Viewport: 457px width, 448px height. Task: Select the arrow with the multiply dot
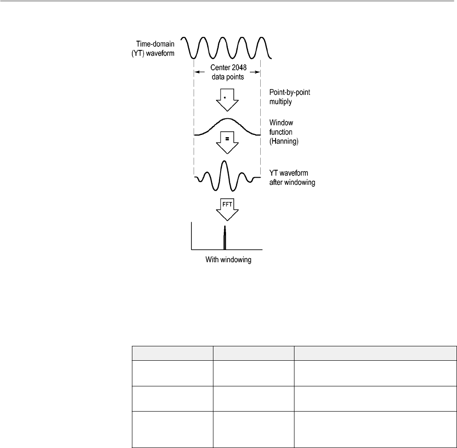click(x=227, y=100)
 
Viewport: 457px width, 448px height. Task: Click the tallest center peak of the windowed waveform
click(x=227, y=161)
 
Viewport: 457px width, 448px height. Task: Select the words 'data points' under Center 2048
click(x=227, y=77)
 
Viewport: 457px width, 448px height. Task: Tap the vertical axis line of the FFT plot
click(x=192, y=236)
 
